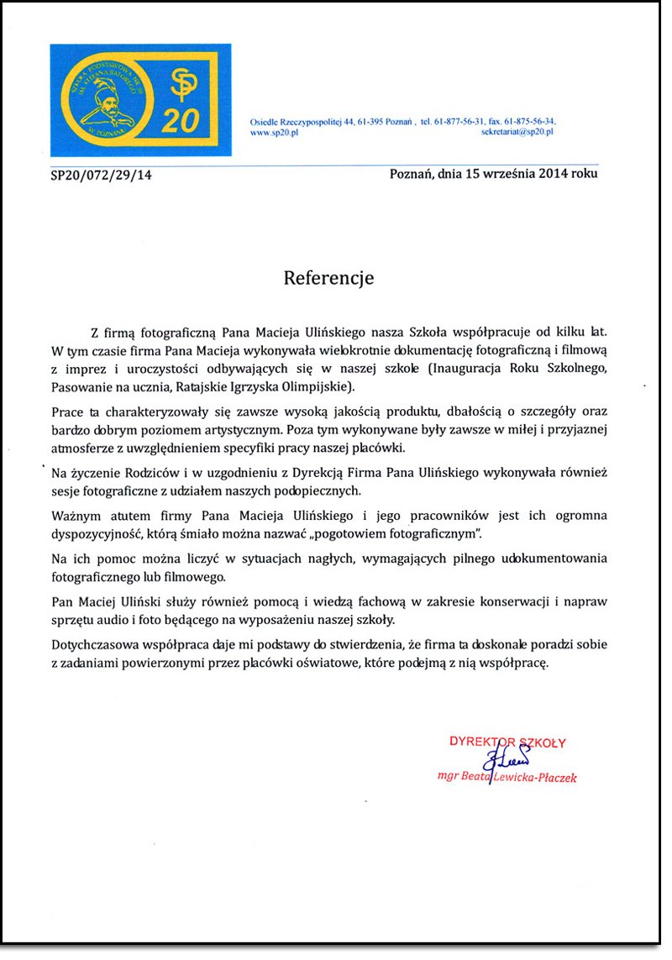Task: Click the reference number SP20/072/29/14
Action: tap(101, 176)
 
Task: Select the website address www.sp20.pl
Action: tap(276, 133)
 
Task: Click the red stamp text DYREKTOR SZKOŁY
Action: tap(508, 742)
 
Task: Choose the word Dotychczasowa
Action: tap(95, 643)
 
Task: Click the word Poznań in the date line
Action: tap(412, 174)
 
